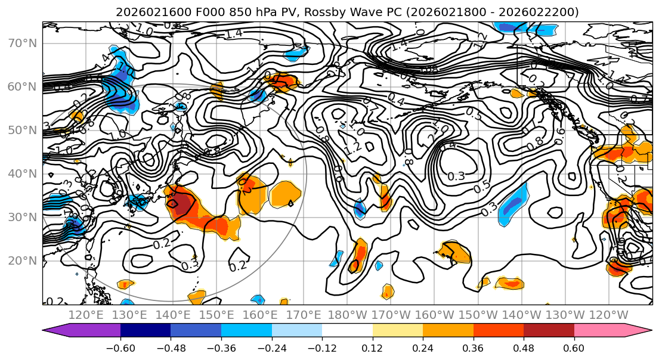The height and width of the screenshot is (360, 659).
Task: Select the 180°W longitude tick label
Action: (x=348, y=315)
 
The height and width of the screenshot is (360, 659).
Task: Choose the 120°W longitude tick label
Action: (x=608, y=315)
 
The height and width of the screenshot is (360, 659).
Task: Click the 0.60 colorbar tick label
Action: (x=574, y=348)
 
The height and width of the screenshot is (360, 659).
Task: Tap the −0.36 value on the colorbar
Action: (x=221, y=348)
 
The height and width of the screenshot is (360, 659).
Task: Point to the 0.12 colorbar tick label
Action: (x=372, y=348)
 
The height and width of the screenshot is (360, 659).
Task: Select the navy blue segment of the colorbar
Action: (x=146, y=330)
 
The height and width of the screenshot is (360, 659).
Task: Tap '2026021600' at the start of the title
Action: (x=147, y=12)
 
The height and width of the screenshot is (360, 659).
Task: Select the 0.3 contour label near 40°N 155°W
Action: (x=456, y=176)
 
